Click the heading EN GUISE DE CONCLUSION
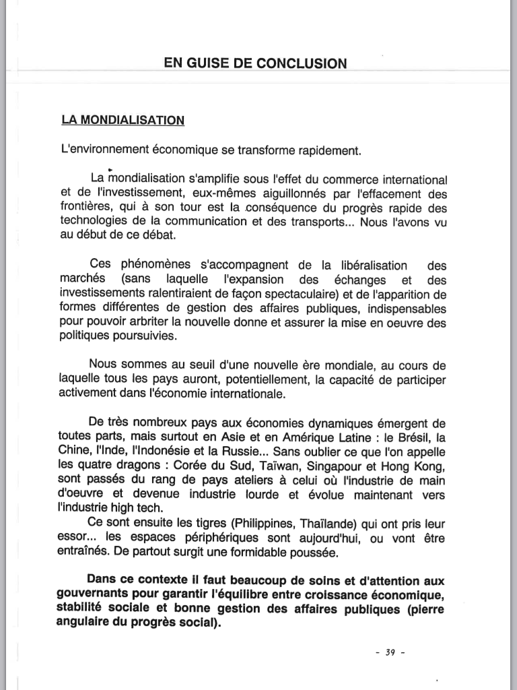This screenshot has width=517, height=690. click(255, 64)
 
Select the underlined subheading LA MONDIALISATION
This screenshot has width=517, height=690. click(123, 121)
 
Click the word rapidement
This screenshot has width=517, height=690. click(328, 150)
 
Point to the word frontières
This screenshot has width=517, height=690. click(85, 209)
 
